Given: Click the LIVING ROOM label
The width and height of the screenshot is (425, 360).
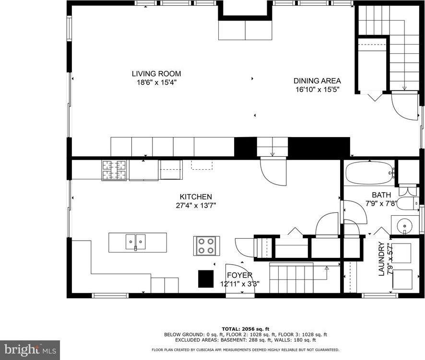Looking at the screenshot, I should click(x=156, y=74).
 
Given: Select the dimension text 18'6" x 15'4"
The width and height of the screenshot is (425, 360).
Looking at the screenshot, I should click(x=156, y=82).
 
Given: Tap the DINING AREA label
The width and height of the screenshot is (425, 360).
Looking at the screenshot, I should click(x=317, y=81).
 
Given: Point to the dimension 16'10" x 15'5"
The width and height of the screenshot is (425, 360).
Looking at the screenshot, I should click(x=317, y=89).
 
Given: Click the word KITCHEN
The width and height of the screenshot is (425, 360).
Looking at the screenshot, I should click(x=196, y=197).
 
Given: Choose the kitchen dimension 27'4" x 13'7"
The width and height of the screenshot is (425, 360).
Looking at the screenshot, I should click(x=196, y=205).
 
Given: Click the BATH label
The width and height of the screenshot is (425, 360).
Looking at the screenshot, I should click(x=382, y=195).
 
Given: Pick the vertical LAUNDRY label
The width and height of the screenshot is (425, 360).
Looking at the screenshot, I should click(x=382, y=259).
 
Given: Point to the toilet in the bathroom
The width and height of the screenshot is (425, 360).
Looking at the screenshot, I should click(x=409, y=204).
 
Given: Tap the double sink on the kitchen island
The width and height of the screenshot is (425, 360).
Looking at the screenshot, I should click(x=136, y=242).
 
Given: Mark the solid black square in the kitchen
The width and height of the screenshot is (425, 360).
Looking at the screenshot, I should click(x=206, y=278).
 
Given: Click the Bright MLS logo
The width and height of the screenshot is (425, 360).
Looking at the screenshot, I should click(x=30, y=350).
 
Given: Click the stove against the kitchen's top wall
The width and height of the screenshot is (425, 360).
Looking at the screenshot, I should click(x=114, y=170).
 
